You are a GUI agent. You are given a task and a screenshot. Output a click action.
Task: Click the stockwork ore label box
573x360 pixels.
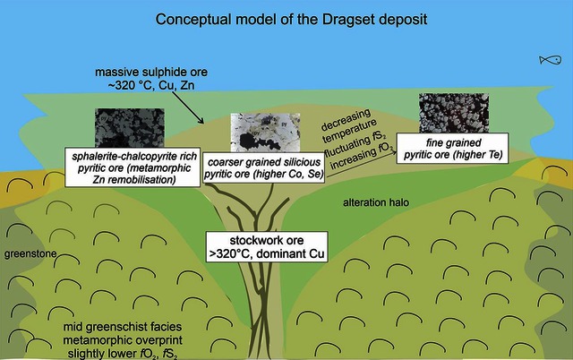263,246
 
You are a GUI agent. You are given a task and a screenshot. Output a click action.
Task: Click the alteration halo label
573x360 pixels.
376,204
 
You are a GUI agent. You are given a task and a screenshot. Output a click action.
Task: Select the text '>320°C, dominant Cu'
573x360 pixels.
263,253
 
